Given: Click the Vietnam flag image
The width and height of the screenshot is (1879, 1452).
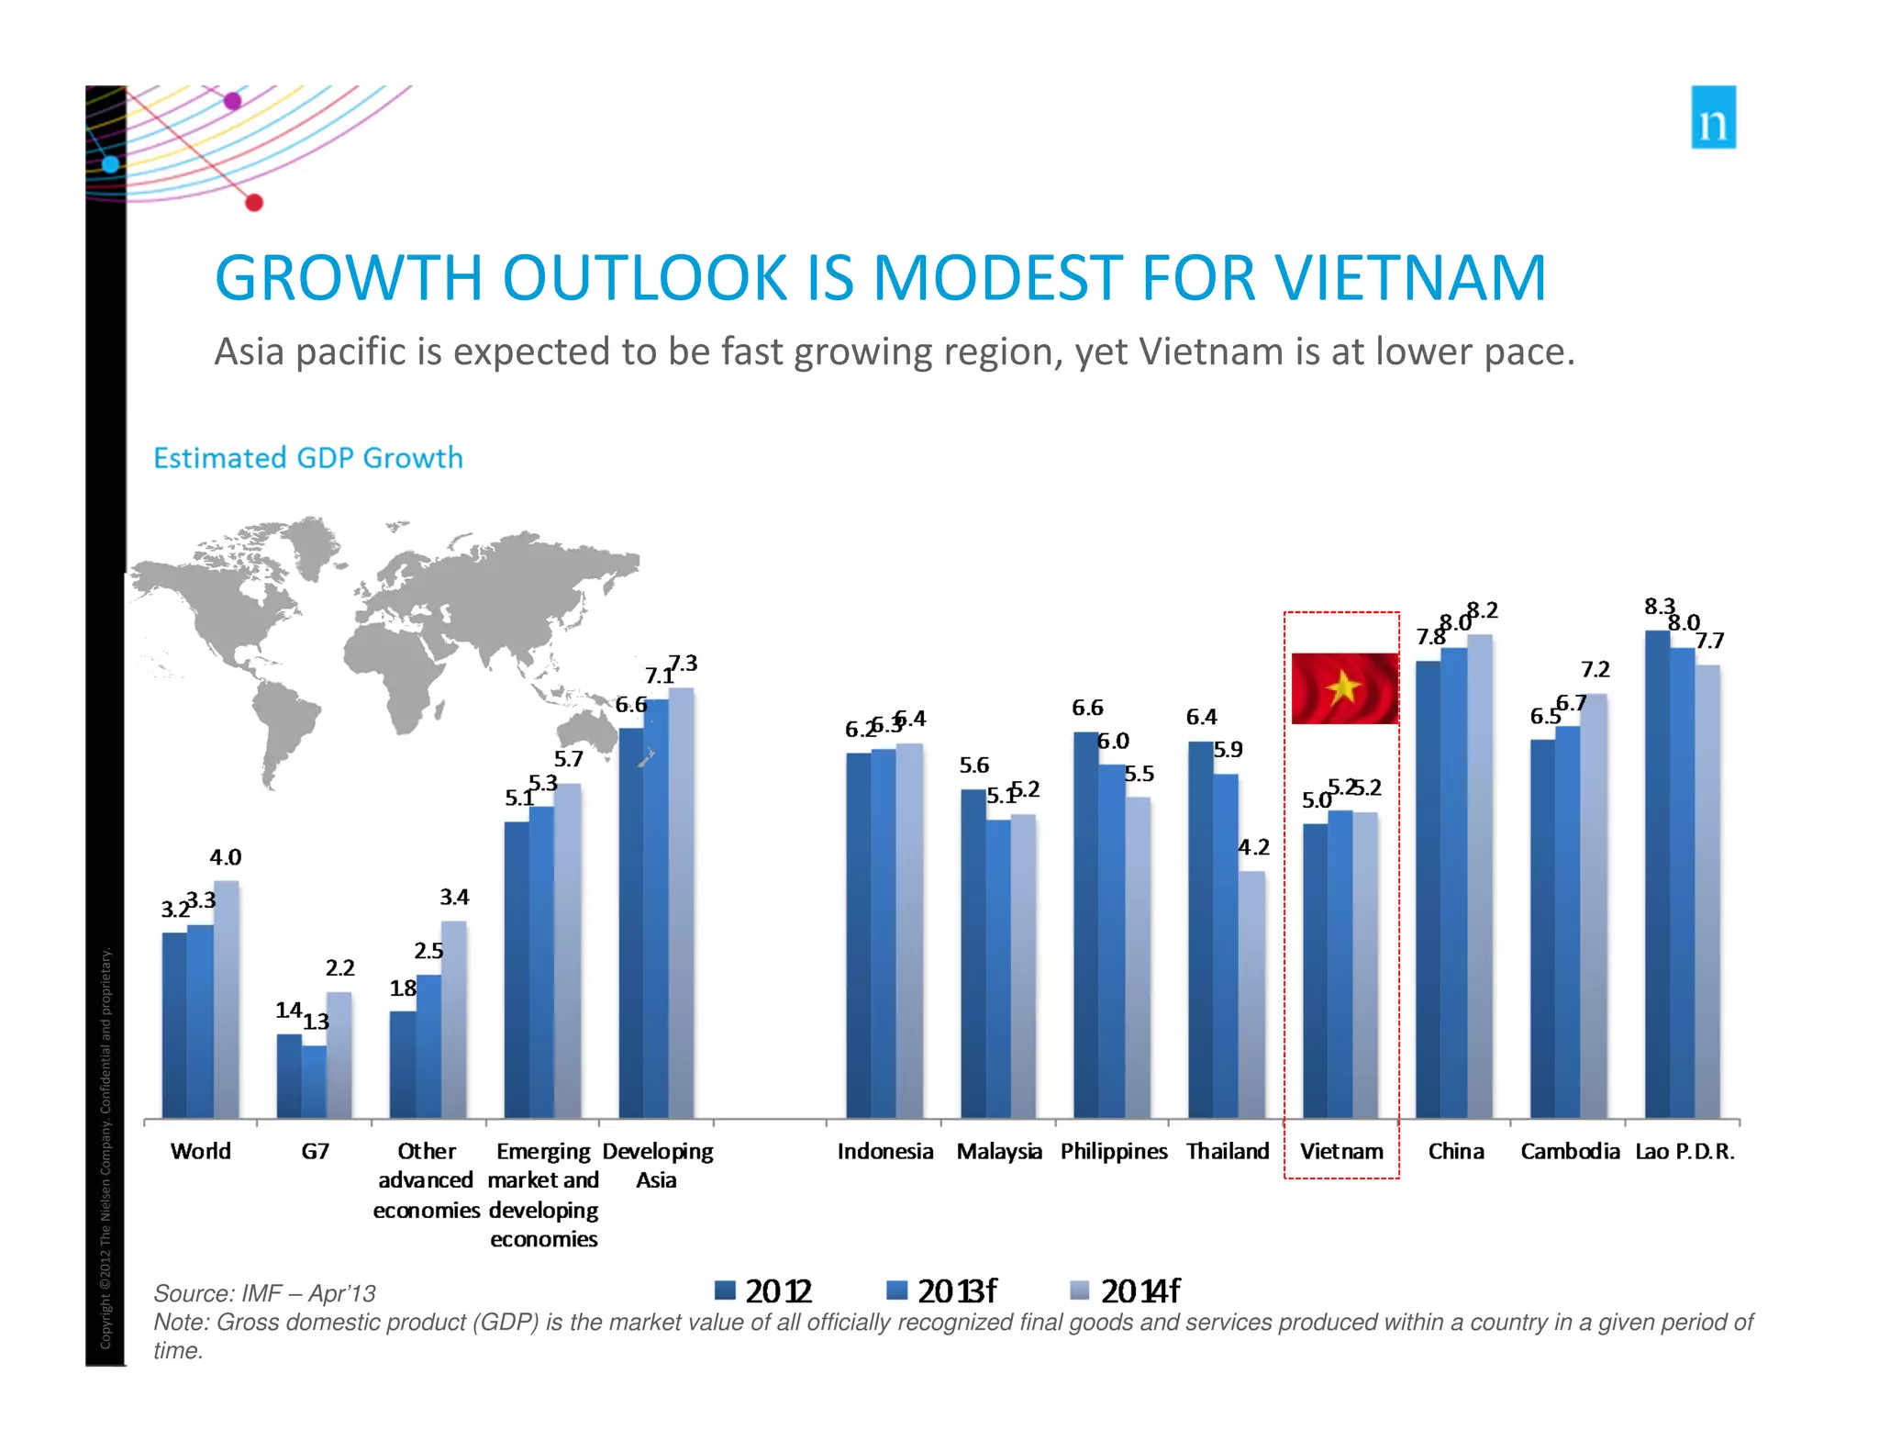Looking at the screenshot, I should [x=1344, y=688].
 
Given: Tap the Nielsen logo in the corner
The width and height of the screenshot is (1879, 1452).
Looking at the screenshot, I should [x=1713, y=117].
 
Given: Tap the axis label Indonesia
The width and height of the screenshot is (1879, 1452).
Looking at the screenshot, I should [x=884, y=1151].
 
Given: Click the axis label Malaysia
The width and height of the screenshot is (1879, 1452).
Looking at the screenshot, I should [x=998, y=1151].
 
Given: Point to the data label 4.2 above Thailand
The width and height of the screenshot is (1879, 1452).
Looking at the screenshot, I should [x=1253, y=847].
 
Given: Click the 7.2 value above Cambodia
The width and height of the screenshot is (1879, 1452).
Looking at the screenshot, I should [x=1595, y=670].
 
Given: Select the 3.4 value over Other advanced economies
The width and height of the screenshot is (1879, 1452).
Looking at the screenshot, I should [x=454, y=897].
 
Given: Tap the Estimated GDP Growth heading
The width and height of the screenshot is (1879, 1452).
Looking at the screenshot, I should [x=307, y=457].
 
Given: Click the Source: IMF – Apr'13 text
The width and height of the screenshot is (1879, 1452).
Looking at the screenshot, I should [x=264, y=1293].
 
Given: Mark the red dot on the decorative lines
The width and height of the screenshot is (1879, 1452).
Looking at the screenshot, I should [x=254, y=203].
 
